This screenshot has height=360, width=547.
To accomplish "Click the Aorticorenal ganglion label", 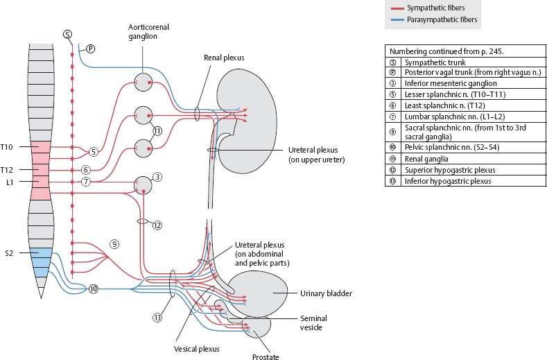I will click(x=148, y=32).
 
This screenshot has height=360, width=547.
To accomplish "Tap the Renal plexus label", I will click(x=224, y=59).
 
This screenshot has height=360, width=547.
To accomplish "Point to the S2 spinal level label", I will click(x=9, y=254).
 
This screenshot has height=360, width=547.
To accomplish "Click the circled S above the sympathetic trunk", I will click(x=67, y=34).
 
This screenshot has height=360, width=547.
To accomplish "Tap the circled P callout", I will click(x=90, y=49).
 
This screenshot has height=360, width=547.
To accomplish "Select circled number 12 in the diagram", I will click(x=157, y=225).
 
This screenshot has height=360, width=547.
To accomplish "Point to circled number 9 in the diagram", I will click(x=114, y=243).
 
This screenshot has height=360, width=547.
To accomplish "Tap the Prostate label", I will click(x=265, y=356).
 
